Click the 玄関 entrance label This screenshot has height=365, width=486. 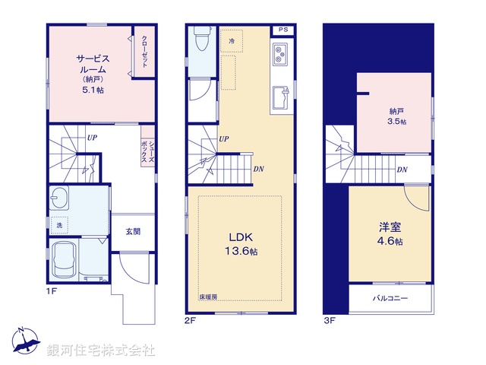[132, 231]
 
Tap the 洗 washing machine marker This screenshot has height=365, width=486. [59, 225]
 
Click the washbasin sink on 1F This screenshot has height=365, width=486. [60, 199]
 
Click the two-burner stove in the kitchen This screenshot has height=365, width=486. [279, 54]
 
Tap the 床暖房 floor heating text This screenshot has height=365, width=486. [209, 297]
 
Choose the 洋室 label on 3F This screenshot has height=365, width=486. [390, 227]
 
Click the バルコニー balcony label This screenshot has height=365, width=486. [390, 298]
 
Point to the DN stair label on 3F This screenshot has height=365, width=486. [401, 170]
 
